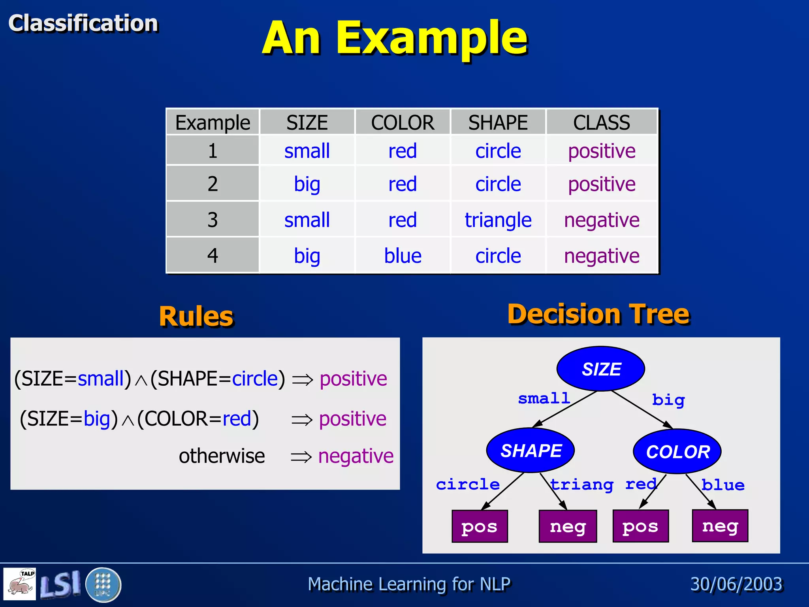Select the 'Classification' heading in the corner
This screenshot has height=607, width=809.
[x=83, y=23]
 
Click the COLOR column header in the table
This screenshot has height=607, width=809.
[x=402, y=123]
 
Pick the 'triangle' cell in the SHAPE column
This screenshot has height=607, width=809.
[x=498, y=220]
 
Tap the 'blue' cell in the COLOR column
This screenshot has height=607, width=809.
[x=403, y=256]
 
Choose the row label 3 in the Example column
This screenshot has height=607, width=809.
[x=213, y=220]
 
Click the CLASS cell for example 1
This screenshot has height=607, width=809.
[x=601, y=151]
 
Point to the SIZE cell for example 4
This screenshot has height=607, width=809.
[x=307, y=256]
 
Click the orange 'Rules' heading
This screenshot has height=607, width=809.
[x=196, y=317]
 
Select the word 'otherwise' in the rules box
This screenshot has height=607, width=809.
[x=222, y=456]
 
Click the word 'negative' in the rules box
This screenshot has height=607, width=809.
[x=356, y=456]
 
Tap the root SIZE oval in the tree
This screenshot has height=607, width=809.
[x=601, y=369]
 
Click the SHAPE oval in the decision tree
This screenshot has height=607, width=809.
[x=531, y=451]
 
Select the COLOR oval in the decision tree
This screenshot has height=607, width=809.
[x=677, y=452]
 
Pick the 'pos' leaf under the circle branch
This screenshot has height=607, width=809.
[x=480, y=526]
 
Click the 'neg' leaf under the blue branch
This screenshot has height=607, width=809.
[x=720, y=526]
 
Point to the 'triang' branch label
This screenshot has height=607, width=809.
[x=581, y=484]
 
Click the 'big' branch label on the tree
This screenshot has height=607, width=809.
[x=668, y=400]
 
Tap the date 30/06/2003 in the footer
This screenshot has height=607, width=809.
[x=736, y=584]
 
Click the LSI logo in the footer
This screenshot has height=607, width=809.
[x=60, y=584]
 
